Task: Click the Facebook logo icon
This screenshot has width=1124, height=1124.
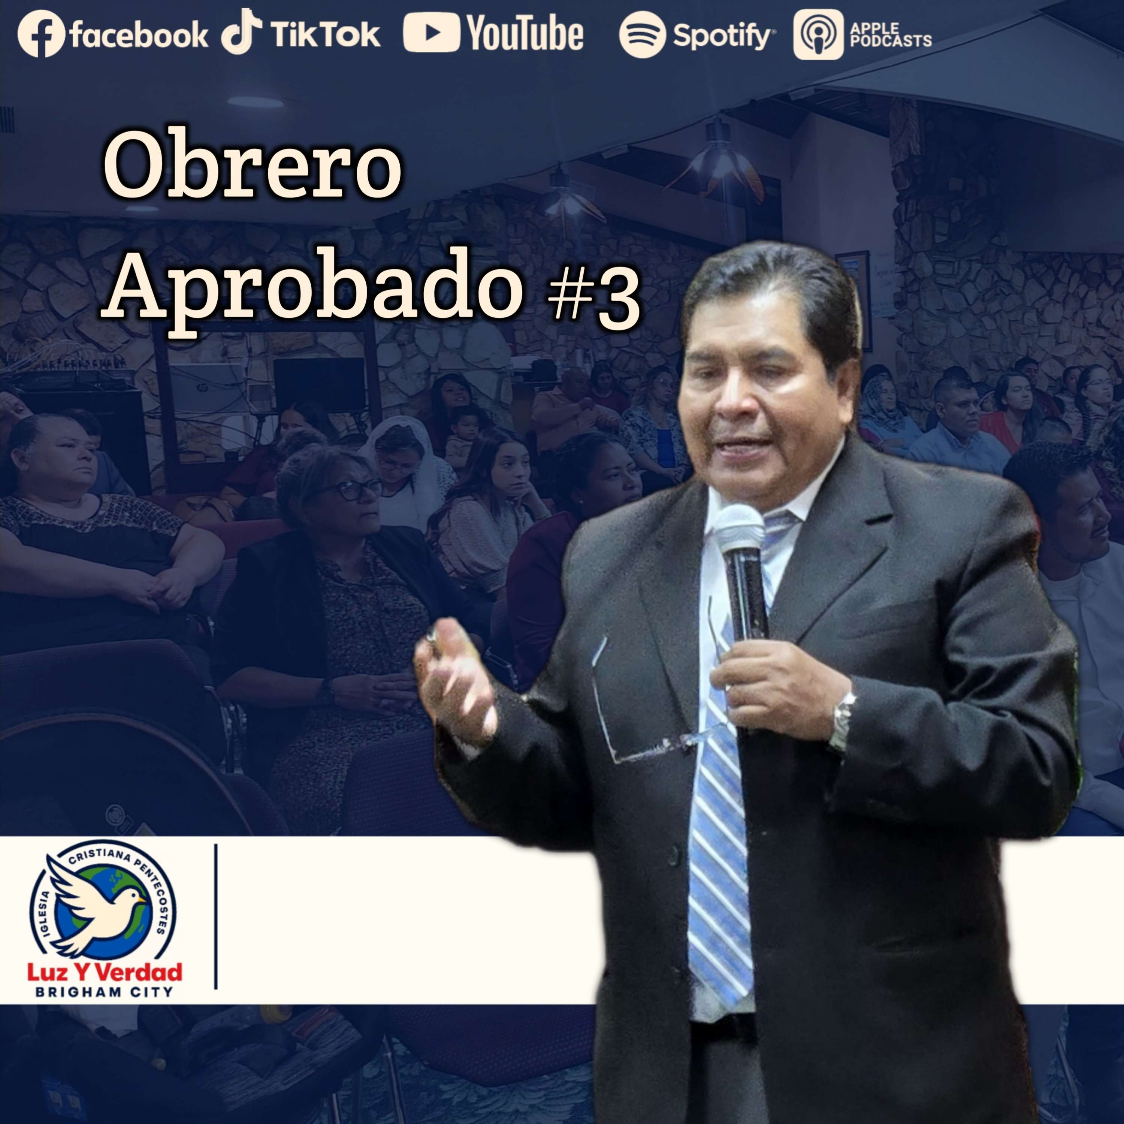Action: [41, 35]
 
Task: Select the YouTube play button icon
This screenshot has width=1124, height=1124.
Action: [431, 33]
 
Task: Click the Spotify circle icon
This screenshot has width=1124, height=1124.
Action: [642, 35]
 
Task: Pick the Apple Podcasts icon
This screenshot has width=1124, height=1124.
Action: [818, 35]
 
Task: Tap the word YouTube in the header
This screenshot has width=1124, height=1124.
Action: [525, 34]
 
